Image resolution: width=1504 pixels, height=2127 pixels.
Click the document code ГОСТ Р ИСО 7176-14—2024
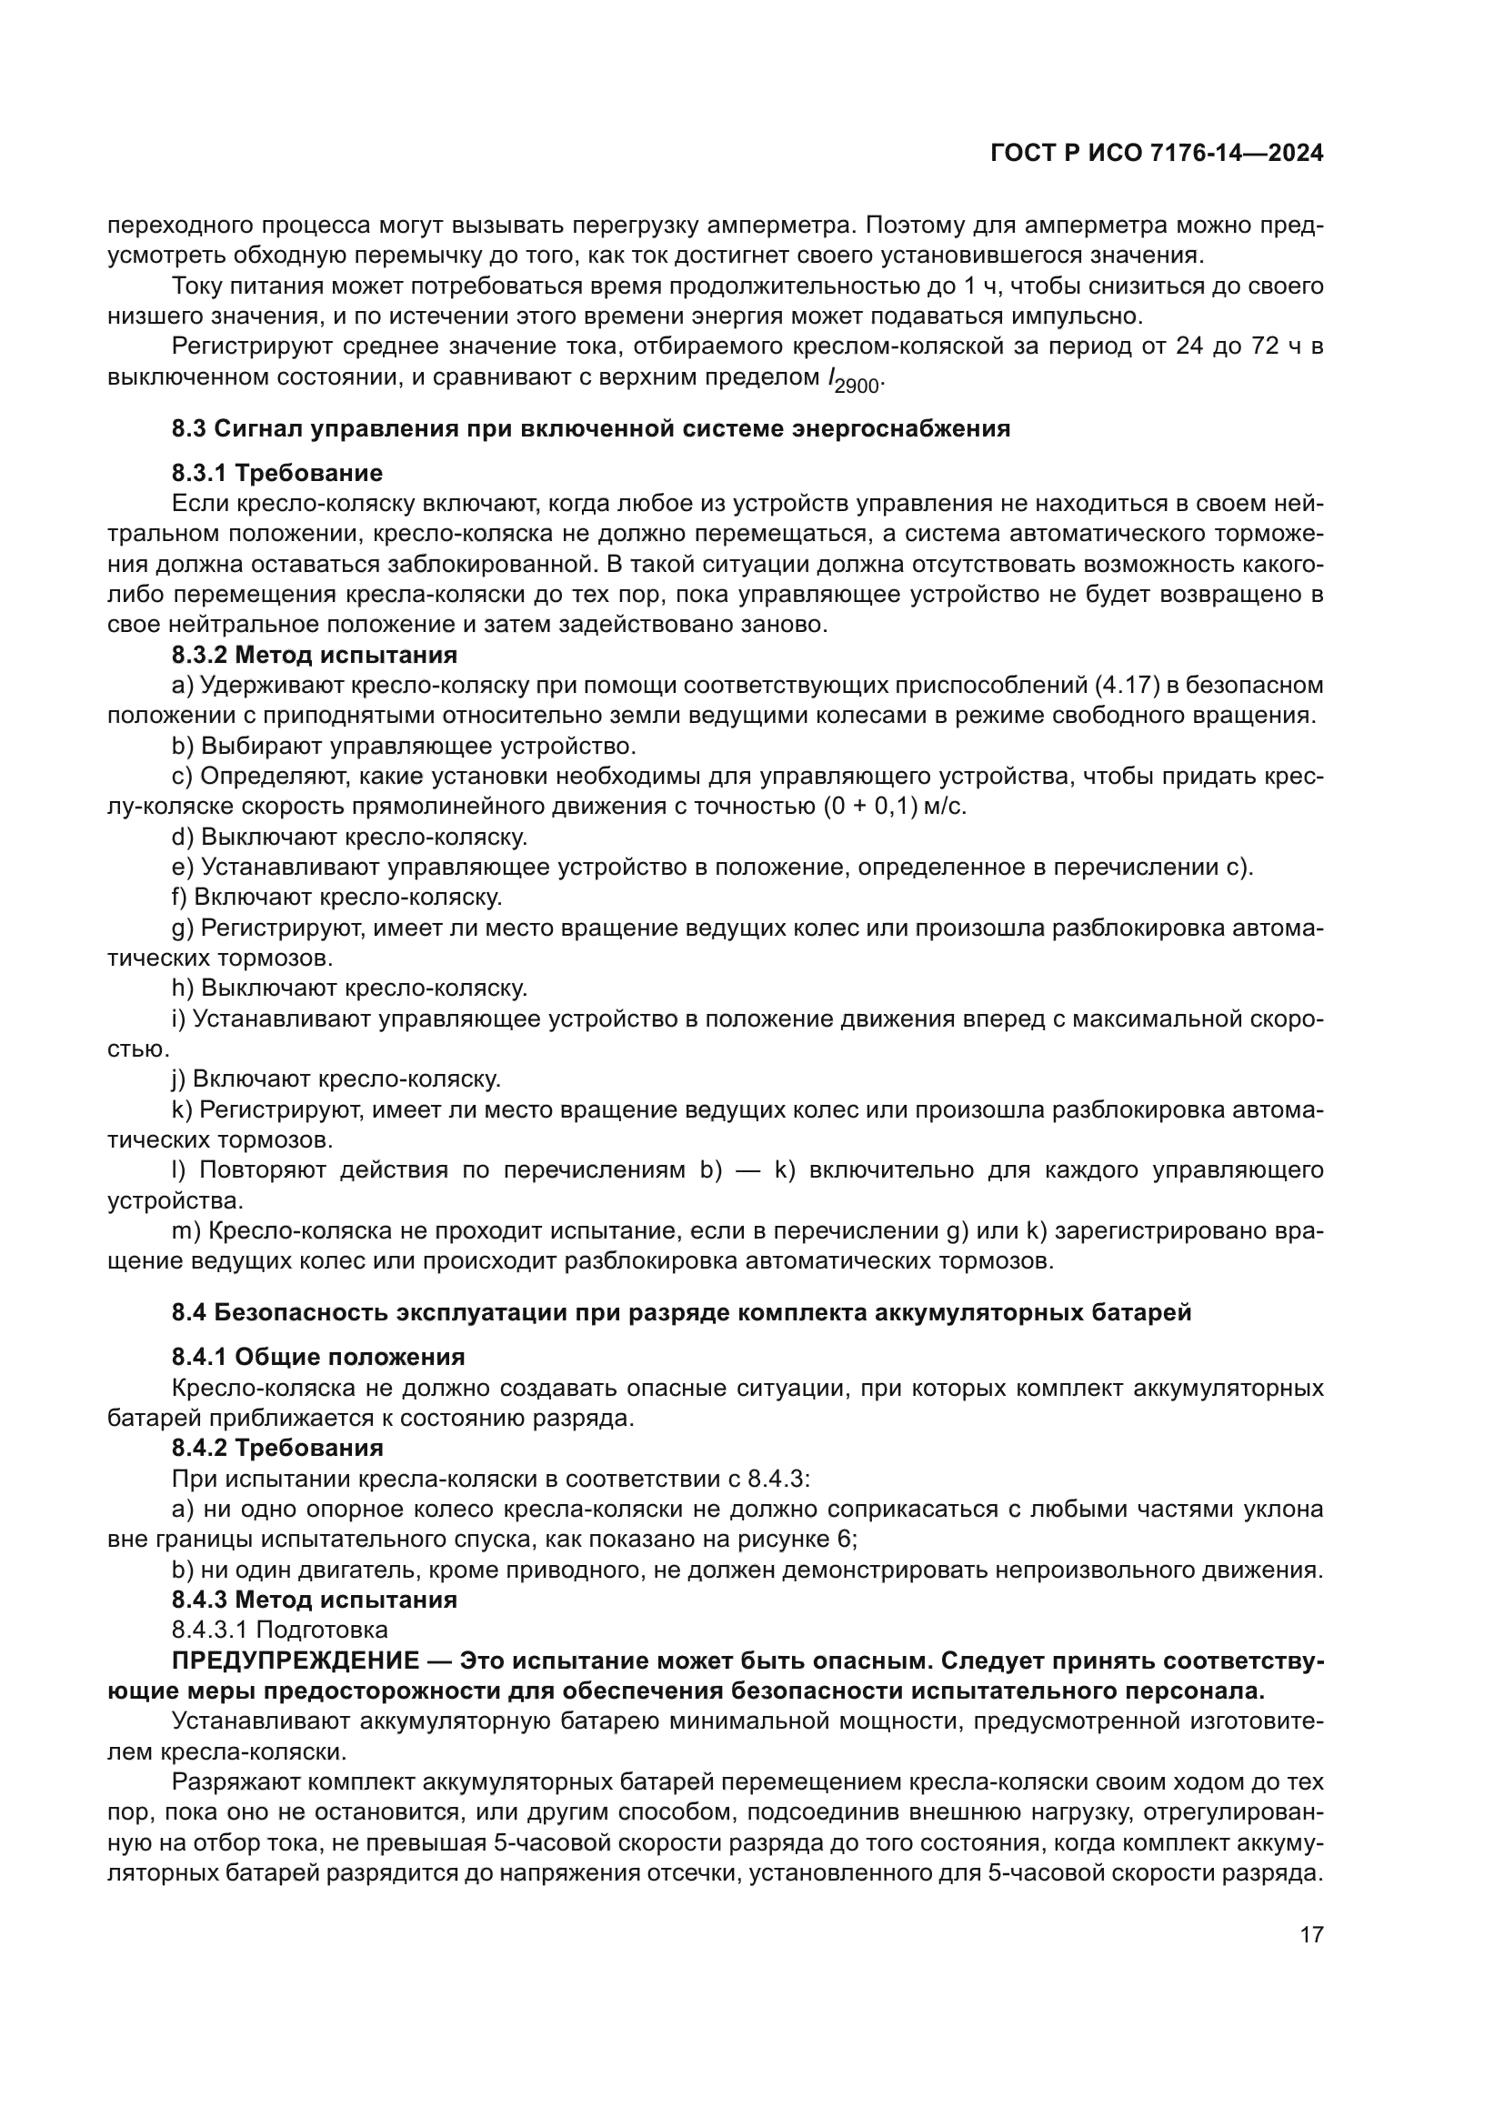pyautogui.click(x=1156, y=154)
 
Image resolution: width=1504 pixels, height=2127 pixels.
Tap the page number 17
pyautogui.click(x=1311, y=1934)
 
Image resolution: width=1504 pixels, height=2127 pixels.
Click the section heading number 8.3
pyautogui.click(x=190, y=429)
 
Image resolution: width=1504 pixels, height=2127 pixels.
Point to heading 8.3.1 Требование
pyautogui.click(x=277, y=474)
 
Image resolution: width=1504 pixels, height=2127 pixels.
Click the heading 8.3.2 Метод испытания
pyautogui.click(x=314, y=655)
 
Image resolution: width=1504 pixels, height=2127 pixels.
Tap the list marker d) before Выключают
pyautogui.click(x=183, y=837)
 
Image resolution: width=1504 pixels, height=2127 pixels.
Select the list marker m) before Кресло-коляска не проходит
pyautogui.click(x=185, y=1231)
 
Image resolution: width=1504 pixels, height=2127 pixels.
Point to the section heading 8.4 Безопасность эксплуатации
pyautogui.click(x=682, y=1313)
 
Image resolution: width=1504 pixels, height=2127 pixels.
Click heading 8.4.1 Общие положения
pyautogui.click(x=317, y=1357)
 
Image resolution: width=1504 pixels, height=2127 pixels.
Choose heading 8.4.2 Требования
pyautogui.click(x=277, y=1448)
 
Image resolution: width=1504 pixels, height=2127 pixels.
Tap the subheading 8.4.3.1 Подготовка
pyautogui.click(x=280, y=1630)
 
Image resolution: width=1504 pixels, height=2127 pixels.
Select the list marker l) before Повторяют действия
pyautogui.click(x=179, y=1170)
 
